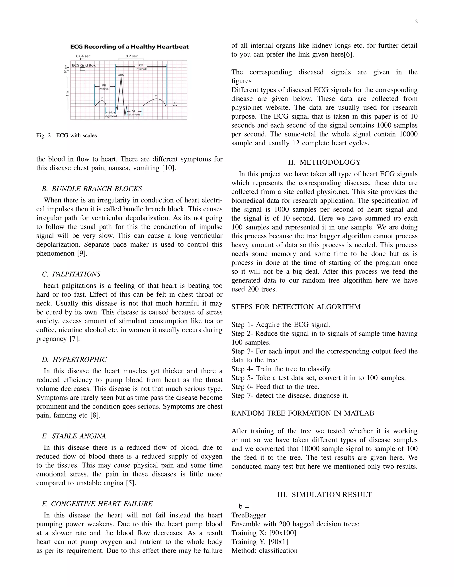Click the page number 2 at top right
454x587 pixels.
pyautogui.click(x=416, y=22)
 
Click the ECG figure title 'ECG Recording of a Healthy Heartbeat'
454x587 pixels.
pyautogui.click(x=129, y=47)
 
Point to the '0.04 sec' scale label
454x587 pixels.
pyautogui.click(x=83, y=56)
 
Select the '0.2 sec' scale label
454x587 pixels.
pyautogui.click(x=131, y=56)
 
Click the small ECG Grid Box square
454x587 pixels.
pyautogui.click(x=82, y=69)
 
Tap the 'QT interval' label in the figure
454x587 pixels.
pyautogui.click(x=141, y=67)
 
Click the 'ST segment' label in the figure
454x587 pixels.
pyautogui.click(x=134, y=113)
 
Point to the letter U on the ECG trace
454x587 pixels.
pyautogui.click(x=175, y=103)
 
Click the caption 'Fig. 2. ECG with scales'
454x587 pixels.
pyautogui.click(x=67, y=136)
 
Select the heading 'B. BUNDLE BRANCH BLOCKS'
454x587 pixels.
pyautogui.click(x=92, y=189)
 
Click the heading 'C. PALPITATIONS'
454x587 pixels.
pyautogui.click(x=71, y=274)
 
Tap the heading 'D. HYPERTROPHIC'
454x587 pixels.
pyautogui.click(x=74, y=360)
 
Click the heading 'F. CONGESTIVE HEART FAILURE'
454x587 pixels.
pyautogui.click(x=97, y=504)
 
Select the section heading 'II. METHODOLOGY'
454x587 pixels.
pyautogui.click(x=324, y=162)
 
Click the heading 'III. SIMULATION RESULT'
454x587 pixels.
pyautogui.click(x=324, y=495)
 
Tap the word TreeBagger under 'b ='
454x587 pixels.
pyautogui.click(x=249, y=515)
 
